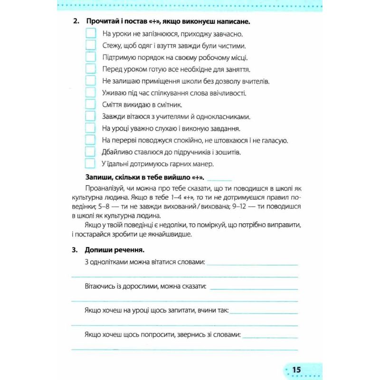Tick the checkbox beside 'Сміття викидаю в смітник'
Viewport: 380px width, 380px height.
click(x=90, y=104)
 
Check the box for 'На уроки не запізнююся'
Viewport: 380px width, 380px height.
click(x=90, y=33)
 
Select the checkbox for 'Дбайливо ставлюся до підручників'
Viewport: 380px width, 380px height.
click(x=90, y=152)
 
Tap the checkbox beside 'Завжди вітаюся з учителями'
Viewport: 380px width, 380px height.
click(x=90, y=116)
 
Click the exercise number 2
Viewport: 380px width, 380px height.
click(x=75, y=22)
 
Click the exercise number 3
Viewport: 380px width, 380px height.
click(x=75, y=250)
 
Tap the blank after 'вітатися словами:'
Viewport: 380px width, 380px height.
click(x=253, y=264)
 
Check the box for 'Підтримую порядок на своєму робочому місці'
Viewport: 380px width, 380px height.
click(x=90, y=57)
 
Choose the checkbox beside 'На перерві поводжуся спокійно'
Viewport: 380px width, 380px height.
click(x=90, y=140)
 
